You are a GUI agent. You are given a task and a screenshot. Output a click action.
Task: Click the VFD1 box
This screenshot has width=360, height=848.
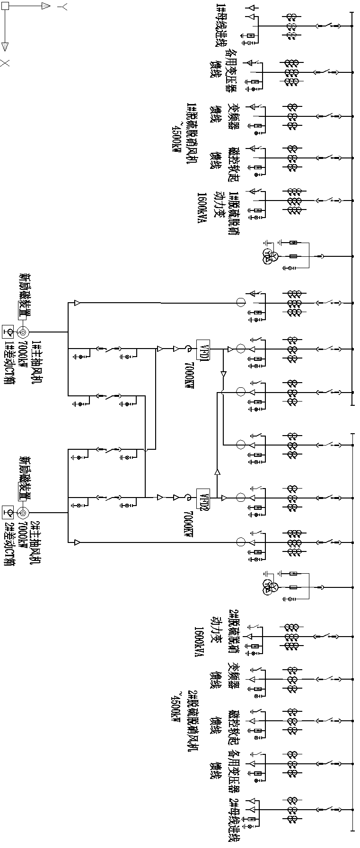click(x=203, y=349)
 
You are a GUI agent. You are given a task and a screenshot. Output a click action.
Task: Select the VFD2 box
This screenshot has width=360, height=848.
click(x=203, y=498)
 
